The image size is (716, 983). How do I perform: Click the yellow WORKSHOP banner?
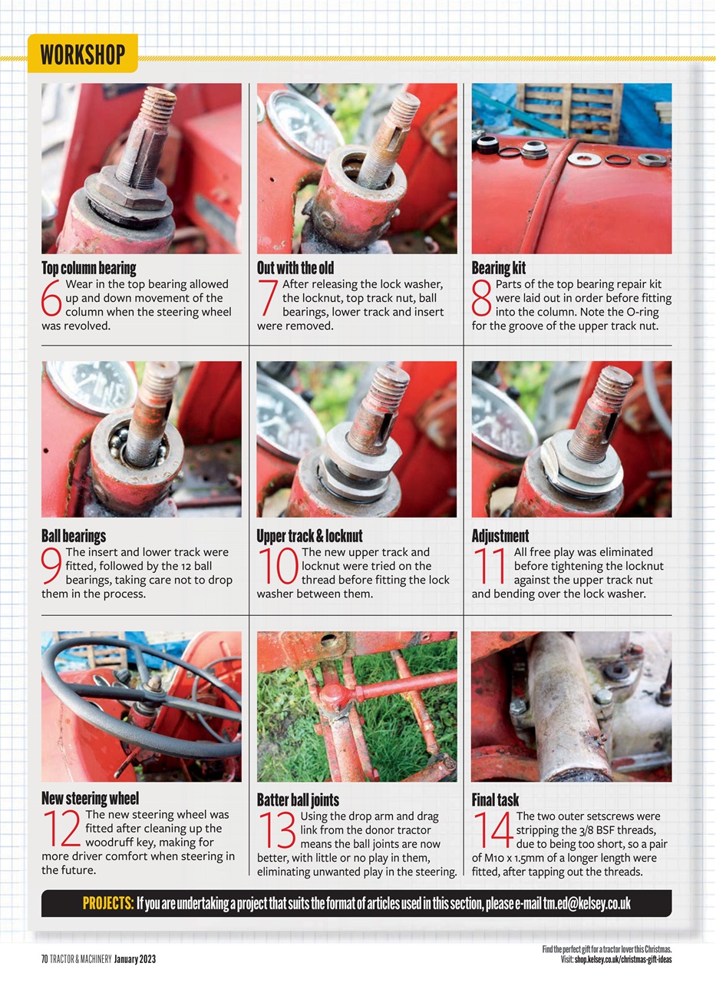click(x=82, y=55)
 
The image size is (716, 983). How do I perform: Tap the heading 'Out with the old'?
click(x=295, y=268)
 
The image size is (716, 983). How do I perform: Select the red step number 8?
click(x=482, y=299)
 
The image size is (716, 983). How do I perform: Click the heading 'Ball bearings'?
click(x=74, y=535)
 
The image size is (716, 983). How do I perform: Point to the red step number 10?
click(x=277, y=567)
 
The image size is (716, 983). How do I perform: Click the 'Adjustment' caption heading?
click(x=500, y=535)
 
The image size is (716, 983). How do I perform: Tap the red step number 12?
click(x=61, y=829)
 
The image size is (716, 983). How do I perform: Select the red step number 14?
click(x=492, y=830)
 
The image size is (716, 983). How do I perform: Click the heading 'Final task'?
click(x=496, y=799)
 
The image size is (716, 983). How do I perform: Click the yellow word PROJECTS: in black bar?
click(x=108, y=903)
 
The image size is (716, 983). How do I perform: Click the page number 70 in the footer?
click(x=45, y=959)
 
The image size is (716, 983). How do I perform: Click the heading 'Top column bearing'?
click(x=88, y=268)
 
